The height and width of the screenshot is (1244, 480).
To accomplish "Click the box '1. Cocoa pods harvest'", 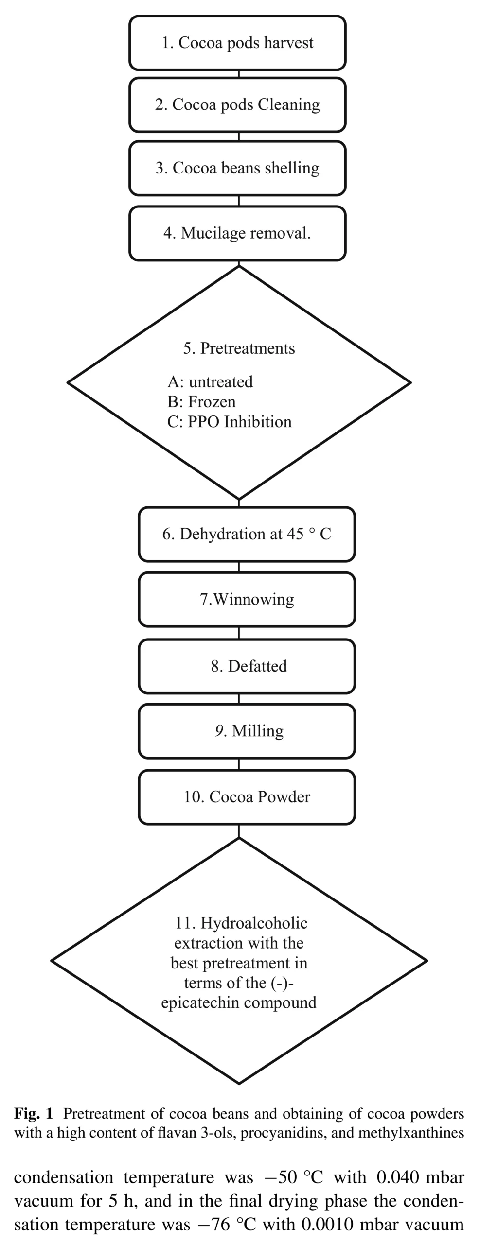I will click(237, 43).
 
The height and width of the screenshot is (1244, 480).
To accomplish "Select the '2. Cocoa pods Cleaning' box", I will click(237, 104).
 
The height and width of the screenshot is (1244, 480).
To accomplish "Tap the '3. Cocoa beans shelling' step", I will click(237, 168).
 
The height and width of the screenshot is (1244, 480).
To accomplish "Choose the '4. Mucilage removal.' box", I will click(237, 233).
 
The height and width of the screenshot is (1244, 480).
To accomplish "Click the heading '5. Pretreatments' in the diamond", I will click(239, 348).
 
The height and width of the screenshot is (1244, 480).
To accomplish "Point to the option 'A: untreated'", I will click(210, 382).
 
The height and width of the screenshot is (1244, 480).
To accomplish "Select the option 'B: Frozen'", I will click(201, 402).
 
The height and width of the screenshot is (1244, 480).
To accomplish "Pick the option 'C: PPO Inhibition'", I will click(229, 422).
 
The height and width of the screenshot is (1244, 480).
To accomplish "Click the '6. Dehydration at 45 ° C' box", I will click(247, 534).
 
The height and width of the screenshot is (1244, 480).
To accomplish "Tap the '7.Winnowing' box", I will click(247, 599).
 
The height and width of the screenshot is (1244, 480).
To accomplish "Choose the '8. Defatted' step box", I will click(247, 666).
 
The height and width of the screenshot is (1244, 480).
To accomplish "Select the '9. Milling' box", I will click(247, 731).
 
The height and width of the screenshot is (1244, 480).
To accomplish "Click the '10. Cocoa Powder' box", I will click(247, 797).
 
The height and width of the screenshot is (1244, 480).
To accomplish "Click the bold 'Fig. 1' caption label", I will click(33, 1113).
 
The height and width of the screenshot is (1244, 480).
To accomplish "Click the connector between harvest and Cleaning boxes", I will click(239, 74).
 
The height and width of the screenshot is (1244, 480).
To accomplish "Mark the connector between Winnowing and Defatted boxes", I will click(239, 633).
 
